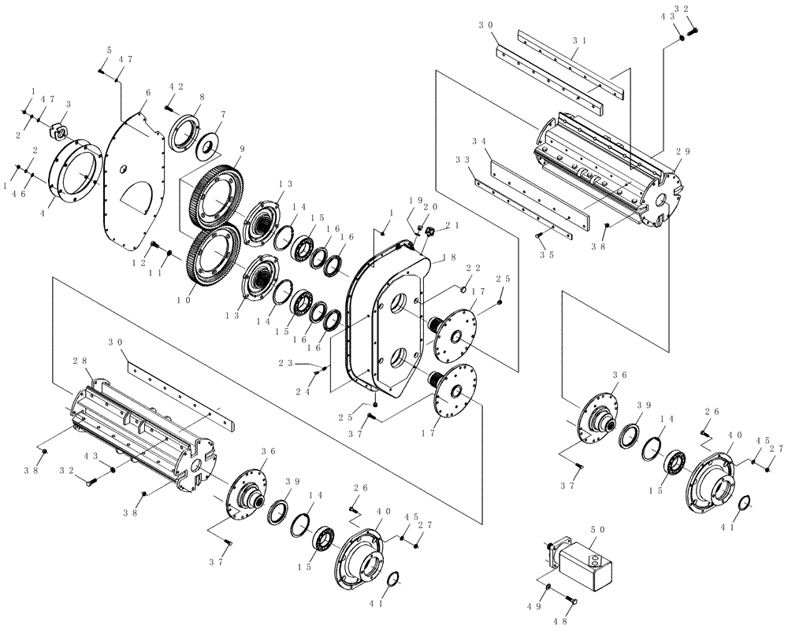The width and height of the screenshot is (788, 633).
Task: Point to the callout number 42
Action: pos(177,87)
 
